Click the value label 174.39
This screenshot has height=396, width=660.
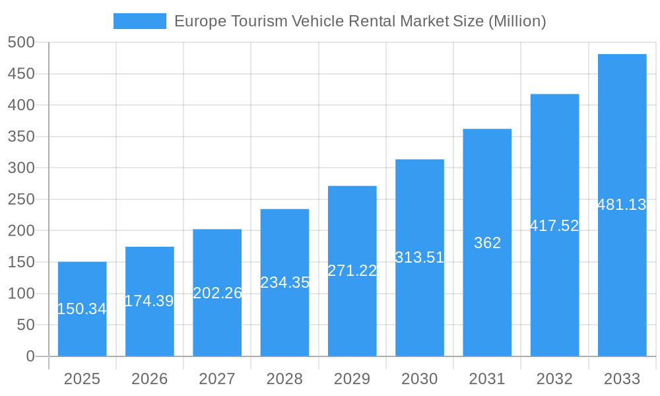pos(149,301)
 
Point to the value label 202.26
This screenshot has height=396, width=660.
pos(217,293)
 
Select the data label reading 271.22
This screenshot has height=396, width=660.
pos(352,271)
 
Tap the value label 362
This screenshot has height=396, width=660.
pos(487,243)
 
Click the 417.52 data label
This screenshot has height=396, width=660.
pos(554,226)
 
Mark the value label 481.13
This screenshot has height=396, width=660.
pos(622,205)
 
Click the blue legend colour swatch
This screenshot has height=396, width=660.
pos(139,21)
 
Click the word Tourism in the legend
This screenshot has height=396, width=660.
pos(259,21)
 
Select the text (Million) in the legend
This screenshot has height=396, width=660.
pos(517,21)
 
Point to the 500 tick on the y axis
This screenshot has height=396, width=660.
pos(21,43)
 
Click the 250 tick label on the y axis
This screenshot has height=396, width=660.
pos(21,199)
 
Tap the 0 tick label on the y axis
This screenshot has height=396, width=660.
pos(30,356)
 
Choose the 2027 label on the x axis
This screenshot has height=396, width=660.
pos(217,379)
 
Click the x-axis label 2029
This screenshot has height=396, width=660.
pos(352,379)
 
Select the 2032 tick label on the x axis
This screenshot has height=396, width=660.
pos(554,379)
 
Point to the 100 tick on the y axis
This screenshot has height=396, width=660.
pos(21,294)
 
